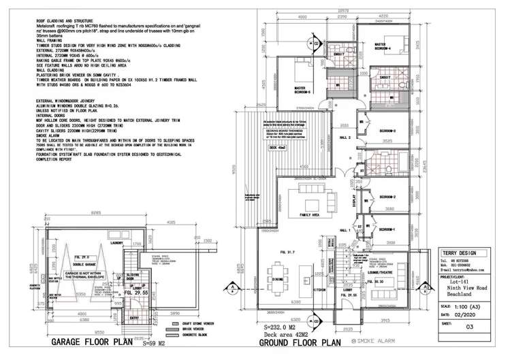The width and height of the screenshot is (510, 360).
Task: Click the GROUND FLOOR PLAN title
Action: pos(300,344)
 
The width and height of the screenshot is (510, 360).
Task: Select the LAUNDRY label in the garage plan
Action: pos(114,242)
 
